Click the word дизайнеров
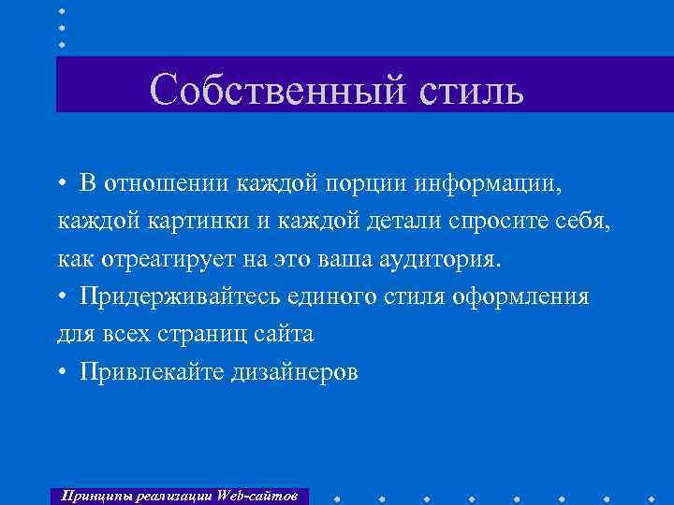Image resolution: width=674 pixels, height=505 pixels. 297,373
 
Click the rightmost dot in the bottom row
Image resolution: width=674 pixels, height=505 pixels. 652,495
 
